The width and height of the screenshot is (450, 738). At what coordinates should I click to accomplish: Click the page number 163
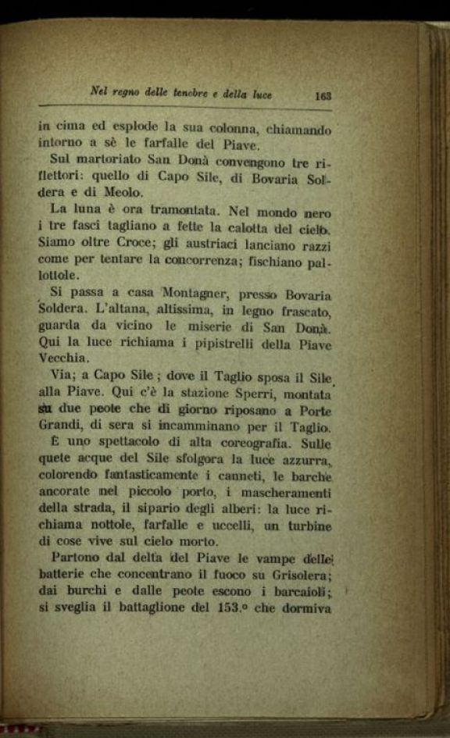323,97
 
